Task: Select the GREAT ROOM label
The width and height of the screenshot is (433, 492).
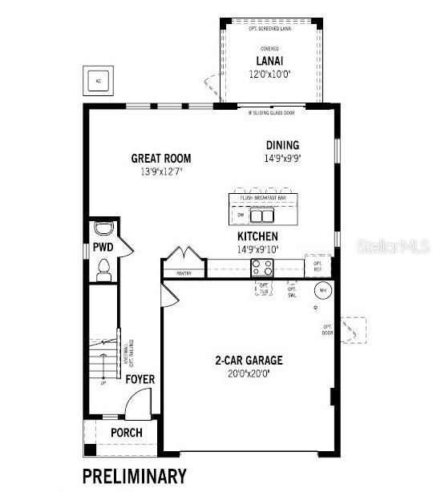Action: point(161,159)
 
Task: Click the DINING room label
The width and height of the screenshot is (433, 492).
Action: point(283,145)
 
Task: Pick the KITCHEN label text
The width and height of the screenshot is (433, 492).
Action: point(257,237)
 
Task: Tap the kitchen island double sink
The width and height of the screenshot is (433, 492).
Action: point(261,215)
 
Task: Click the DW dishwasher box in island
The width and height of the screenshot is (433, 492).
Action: point(241,215)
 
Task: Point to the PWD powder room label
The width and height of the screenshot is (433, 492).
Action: point(102,248)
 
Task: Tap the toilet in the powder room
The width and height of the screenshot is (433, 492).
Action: point(103,273)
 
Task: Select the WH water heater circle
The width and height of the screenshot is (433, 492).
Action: point(322,290)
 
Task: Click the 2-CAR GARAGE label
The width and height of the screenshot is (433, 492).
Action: point(249,361)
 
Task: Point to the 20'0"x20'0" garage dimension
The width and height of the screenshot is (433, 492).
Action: point(249,373)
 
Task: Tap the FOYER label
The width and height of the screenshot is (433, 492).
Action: point(140,380)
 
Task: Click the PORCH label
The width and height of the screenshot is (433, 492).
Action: point(127,433)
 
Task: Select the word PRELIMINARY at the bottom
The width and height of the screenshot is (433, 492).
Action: point(135,475)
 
